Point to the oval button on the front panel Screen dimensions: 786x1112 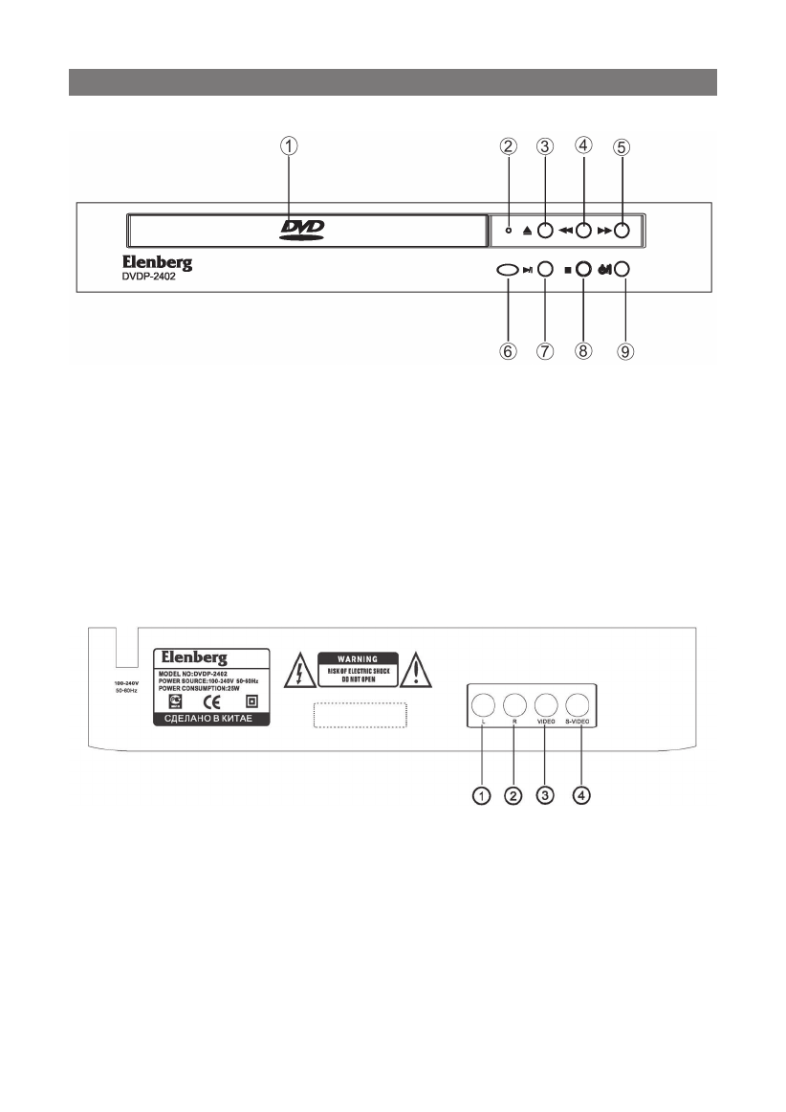(x=507, y=271)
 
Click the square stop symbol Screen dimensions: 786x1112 (x=567, y=271)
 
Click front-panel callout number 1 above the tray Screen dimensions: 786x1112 (x=288, y=146)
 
